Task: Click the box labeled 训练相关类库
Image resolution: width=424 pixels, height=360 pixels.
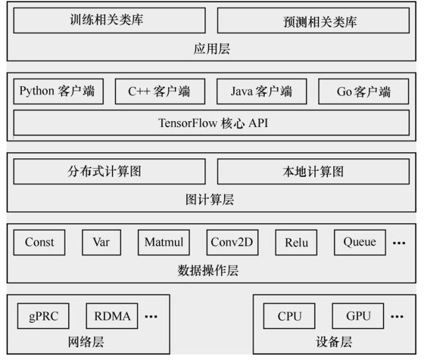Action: tap(107, 21)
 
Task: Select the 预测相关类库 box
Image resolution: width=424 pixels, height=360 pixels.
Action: tap(313, 21)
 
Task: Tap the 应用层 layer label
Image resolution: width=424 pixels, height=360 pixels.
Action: tap(212, 49)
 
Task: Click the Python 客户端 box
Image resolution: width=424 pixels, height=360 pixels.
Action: tap(58, 92)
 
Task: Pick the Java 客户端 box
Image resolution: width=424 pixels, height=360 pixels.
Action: tap(261, 92)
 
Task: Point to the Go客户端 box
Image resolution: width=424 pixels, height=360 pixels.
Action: tap(363, 92)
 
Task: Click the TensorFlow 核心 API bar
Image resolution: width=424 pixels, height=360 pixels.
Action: tap(212, 123)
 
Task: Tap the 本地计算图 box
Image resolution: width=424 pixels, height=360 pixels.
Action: tap(313, 172)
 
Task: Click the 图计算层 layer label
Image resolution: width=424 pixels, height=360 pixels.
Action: tap(212, 199)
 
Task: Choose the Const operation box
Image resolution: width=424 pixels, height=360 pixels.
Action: tap(40, 242)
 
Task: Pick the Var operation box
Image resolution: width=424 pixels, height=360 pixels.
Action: tap(101, 242)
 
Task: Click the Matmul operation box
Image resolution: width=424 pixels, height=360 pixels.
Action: tap(164, 242)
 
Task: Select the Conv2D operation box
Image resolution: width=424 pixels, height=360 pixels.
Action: tap(232, 242)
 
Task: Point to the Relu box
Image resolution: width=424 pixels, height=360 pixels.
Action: tap(296, 242)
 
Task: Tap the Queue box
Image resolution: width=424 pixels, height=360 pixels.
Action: tap(360, 242)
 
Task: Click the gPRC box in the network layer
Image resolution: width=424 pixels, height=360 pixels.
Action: tap(44, 316)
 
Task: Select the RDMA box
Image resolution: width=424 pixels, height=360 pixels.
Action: tap(111, 316)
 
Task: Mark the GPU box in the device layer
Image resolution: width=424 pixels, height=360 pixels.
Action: tap(358, 316)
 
